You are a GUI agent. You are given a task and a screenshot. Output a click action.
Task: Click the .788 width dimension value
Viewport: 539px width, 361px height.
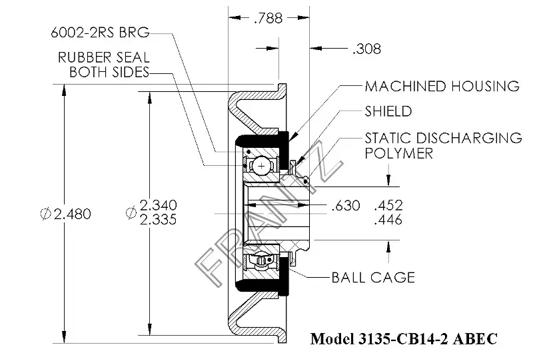(268, 19)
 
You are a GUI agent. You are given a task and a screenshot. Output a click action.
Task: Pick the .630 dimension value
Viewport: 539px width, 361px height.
(346, 206)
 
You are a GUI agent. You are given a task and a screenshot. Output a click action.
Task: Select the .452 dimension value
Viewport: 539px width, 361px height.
(388, 206)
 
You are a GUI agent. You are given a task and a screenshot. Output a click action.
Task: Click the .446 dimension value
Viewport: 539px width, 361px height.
(388, 220)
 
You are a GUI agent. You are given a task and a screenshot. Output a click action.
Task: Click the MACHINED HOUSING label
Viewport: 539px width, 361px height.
(442, 86)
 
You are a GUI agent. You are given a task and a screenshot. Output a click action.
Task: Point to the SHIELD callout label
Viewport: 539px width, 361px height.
(388, 111)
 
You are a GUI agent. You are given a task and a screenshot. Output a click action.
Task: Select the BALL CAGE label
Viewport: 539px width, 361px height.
(373, 276)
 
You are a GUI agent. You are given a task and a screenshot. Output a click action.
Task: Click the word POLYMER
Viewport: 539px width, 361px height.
(398, 153)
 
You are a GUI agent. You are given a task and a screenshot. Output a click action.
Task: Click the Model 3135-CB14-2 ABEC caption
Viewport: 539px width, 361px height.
(404, 339)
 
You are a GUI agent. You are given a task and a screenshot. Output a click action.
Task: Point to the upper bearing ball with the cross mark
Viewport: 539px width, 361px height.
(264, 163)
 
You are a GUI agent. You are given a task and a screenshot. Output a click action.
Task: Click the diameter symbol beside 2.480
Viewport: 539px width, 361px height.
(45, 214)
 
